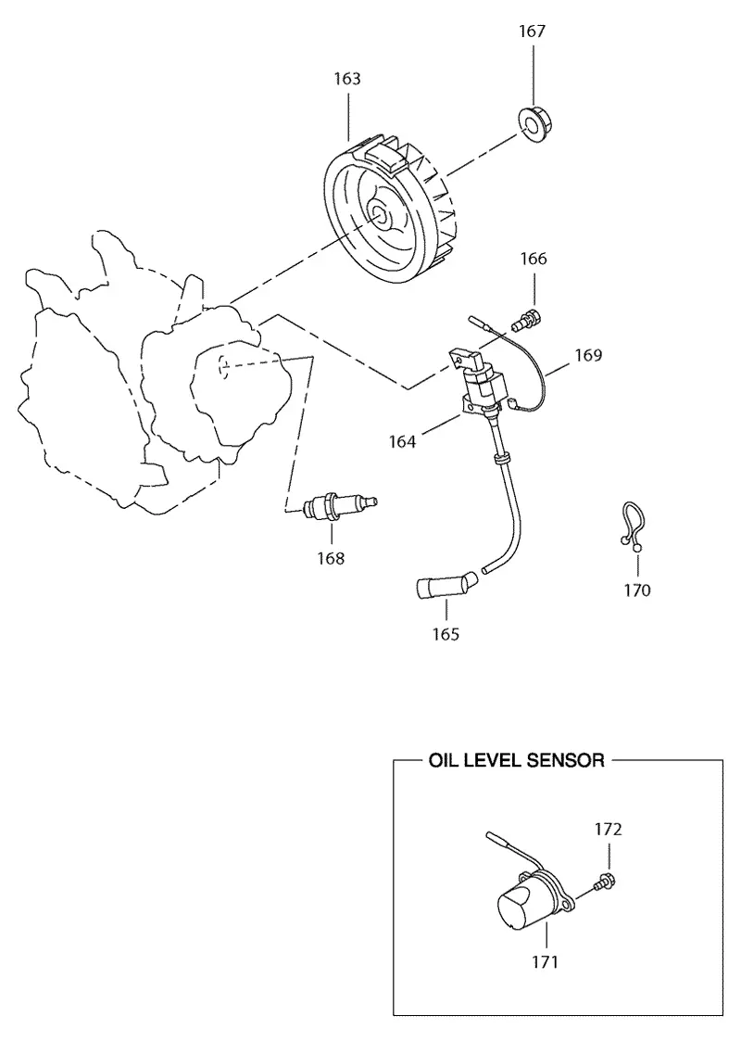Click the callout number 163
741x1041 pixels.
click(347, 79)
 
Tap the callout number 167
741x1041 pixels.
click(532, 32)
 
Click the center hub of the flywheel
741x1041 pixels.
click(380, 212)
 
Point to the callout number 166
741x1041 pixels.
click(534, 259)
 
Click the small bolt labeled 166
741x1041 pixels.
click(527, 319)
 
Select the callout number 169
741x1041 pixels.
click(588, 355)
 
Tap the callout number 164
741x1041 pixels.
click(402, 441)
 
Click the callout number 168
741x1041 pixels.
click(331, 558)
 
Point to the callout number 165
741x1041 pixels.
click(446, 634)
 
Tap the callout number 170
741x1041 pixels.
click(637, 590)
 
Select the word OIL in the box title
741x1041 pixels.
click(443, 760)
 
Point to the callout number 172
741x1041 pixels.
click(609, 830)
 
